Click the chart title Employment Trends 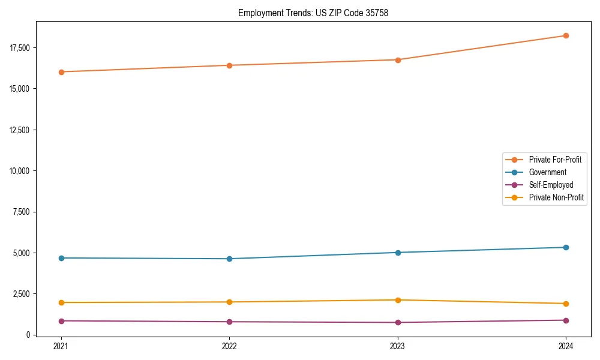tap(313, 13)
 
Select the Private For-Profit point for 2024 tap(566, 35)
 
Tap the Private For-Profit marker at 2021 tap(61, 72)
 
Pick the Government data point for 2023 tap(398, 253)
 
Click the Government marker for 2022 tap(229, 259)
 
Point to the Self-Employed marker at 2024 tap(566, 320)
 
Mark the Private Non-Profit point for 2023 tap(398, 300)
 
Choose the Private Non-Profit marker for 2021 tap(61, 302)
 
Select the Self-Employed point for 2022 tap(229, 322)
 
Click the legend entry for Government tap(547, 172)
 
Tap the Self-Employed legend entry tap(551, 185)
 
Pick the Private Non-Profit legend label tap(556, 197)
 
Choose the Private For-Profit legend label tap(555, 160)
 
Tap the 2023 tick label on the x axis tap(398, 346)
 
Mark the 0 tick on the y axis tap(28, 335)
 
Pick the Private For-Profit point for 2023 tap(398, 60)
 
